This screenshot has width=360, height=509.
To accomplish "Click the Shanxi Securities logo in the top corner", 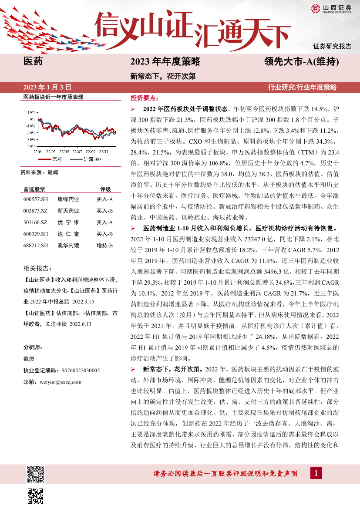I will point(330,9).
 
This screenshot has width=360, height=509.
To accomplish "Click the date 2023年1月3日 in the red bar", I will point(47,87).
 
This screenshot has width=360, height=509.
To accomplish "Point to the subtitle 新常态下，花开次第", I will point(163,76).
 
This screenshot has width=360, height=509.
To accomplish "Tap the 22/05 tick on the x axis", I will point(64,152).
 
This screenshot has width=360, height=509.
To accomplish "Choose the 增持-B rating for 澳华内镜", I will point(104,246).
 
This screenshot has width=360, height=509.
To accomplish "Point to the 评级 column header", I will point(105,189).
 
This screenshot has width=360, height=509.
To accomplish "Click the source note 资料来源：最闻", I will point(39,172).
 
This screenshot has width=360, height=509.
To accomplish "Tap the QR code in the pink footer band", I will point(35,474).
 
